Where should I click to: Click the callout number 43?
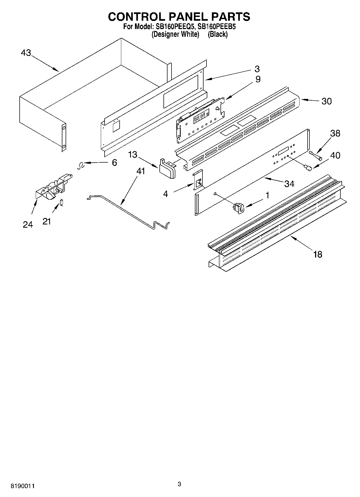coord(26,53)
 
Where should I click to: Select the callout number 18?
coord(318,254)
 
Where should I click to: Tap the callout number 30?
coord(326,101)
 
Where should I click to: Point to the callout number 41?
coord(140,171)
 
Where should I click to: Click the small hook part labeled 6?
coord(80,167)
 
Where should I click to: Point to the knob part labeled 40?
coord(308,168)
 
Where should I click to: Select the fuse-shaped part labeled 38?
coord(316,156)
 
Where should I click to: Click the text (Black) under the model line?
coord(218,34)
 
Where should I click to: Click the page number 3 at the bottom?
coord(179,484)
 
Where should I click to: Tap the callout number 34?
coord(289,184)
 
